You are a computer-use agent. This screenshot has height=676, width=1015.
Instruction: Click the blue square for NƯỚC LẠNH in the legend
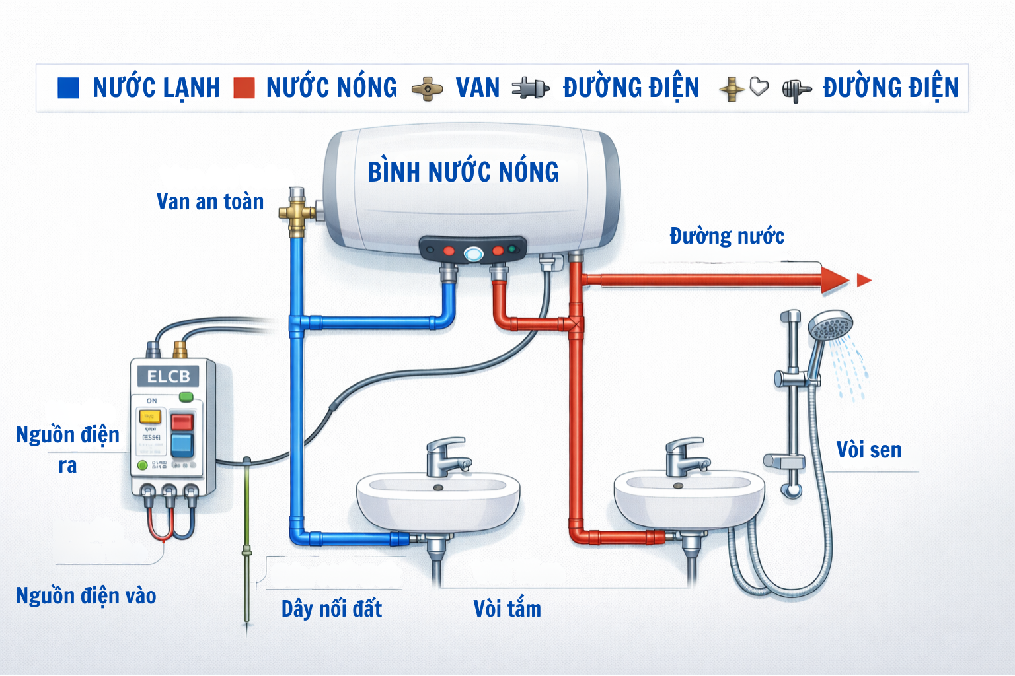pos(68,88)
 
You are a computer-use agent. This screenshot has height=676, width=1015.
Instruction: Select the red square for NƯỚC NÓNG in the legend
pos(244,88)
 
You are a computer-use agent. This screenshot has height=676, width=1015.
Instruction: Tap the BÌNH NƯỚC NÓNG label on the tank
pos(463,172)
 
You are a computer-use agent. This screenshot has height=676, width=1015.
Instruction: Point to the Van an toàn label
pos(210,202)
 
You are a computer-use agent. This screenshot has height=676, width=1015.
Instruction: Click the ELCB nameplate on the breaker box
pos(169,377)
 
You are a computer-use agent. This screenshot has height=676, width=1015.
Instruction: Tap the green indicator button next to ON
pos(186,397)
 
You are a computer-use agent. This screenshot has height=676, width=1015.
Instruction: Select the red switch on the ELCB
pos(182,421)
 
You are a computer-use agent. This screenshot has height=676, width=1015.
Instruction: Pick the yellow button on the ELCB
pos(149,416)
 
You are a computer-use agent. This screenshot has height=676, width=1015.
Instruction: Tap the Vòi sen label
pos(868,450)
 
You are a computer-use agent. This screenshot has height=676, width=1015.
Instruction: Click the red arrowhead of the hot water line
pos(834,280)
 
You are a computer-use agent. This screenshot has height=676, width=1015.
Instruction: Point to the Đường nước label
pos(727,236)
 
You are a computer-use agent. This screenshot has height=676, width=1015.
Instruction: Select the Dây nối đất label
pos(332,609)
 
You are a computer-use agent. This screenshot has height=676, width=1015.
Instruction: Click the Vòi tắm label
pos(507,609)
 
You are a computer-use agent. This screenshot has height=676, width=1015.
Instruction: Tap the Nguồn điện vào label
pos(86,595)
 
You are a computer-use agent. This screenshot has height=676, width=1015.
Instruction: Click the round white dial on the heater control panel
pos(473,253)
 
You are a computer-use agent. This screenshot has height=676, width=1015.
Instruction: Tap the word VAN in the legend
pos(477,88)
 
